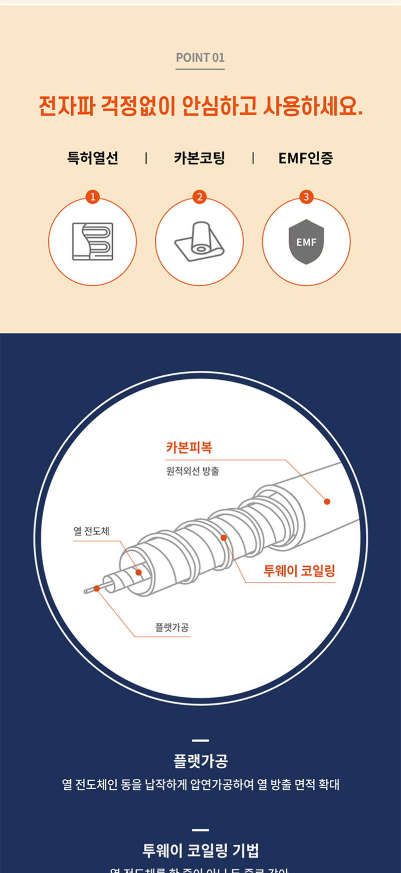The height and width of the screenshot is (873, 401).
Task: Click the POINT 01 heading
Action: tap(200, 58)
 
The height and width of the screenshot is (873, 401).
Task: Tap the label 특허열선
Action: tap(93, 158)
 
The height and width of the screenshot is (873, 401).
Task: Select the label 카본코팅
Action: tap(199, 158)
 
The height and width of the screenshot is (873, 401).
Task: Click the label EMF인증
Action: tap(305, 158)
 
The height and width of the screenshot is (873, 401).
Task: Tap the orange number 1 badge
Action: tap(92, 197)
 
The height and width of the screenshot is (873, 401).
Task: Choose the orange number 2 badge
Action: tap(199, 197)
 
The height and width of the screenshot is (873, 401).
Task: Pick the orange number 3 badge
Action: tap(306, 197)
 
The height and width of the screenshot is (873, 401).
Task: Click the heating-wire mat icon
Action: tap(93, 242)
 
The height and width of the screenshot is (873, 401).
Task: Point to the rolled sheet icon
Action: tap(199, 242)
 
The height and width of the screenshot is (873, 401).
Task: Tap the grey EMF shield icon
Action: tap(306, 242)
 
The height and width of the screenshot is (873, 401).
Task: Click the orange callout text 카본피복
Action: tap(189, 447)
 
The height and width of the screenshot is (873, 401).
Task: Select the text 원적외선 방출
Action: tap(192, 471)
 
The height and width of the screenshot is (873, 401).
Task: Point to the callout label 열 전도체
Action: tap(91, 531)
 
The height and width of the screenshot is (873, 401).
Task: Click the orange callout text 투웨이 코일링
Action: tap(299, 571)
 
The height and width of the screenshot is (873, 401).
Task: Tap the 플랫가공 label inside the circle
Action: tap(172, 627)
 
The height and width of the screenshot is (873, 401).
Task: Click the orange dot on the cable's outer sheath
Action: tap(327, 501)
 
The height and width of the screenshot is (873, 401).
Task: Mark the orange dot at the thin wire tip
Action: tap(97, 588)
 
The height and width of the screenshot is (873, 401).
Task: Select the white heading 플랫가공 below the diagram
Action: tap(200, 761)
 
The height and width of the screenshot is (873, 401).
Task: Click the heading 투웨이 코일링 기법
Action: tap(200, 850)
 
